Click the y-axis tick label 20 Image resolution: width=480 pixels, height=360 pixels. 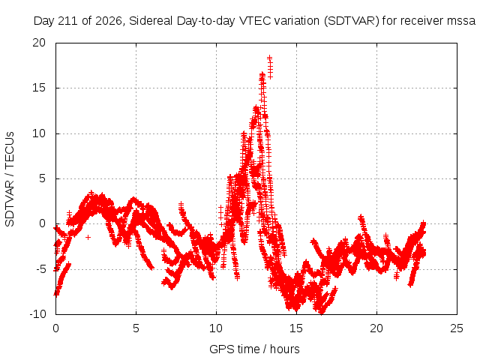point(39,43)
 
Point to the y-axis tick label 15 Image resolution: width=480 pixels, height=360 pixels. point(39,88)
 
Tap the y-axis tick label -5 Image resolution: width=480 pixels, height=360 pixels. point(40,269)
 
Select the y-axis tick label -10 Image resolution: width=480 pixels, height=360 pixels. point(37,314)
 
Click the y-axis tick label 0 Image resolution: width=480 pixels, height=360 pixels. point(43,223)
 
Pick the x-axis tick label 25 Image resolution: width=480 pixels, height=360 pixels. point(457,328)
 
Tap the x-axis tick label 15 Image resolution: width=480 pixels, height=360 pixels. point(296,328)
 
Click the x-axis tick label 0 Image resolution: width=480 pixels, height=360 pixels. point(55,328)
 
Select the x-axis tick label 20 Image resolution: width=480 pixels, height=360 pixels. point(376,328)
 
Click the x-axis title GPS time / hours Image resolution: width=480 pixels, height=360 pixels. point(254,349)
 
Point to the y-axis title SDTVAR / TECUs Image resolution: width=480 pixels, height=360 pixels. point(10,179)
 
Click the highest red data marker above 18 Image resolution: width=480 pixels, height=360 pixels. point(270,58)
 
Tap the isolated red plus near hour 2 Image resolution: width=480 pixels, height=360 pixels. point(88,237)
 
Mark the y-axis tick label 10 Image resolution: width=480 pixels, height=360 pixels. point(39,133)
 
